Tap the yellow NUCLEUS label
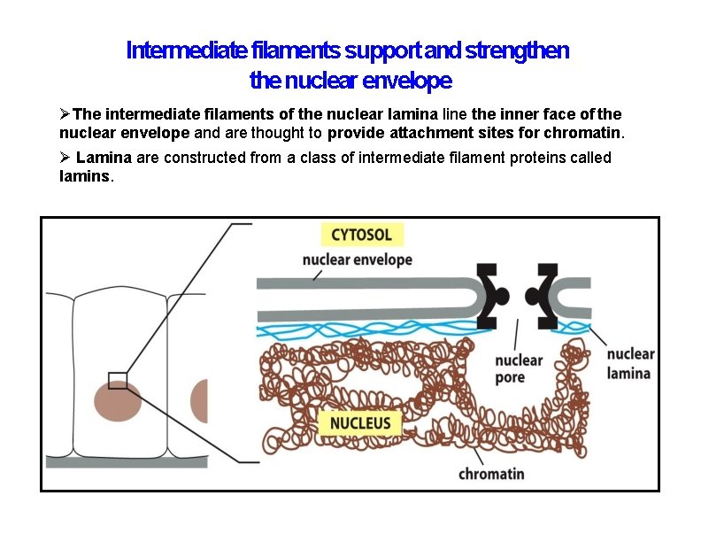coord(360,423)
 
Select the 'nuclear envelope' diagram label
coord(358,259)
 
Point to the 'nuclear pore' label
coord(519,368)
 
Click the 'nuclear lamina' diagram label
coord(630,363)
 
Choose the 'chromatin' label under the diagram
coord(491,474)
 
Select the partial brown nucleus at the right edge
coord(199,401)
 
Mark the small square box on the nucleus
coord(117,380)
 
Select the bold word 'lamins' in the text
coord(85,176)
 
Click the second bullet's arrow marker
coord(65,158)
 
